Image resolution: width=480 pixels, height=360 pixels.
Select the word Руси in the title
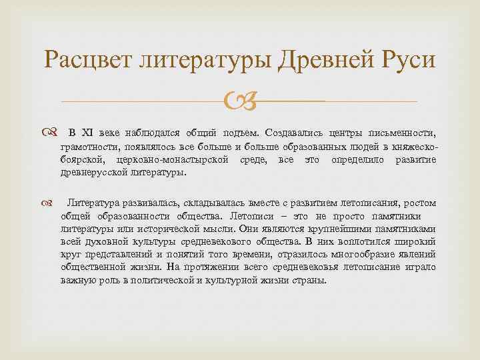tap(406, 62)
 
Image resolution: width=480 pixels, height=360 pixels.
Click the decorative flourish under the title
tap(241, 102)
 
